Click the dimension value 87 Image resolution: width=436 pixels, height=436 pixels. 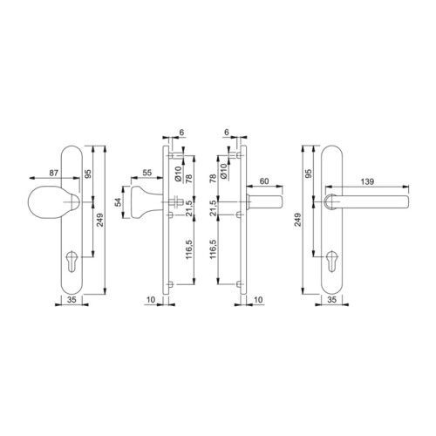[53, 174]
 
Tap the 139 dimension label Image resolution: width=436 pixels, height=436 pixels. [367, 182]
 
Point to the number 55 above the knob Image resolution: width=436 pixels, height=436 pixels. [147, 173]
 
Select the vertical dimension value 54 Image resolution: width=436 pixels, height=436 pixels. [118, 202]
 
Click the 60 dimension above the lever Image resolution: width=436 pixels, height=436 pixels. [264, 181]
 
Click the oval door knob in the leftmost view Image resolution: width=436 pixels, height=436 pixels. [54, 201]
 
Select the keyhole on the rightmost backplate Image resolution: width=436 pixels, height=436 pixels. [331, 261]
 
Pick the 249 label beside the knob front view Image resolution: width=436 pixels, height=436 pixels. [99, 220]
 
